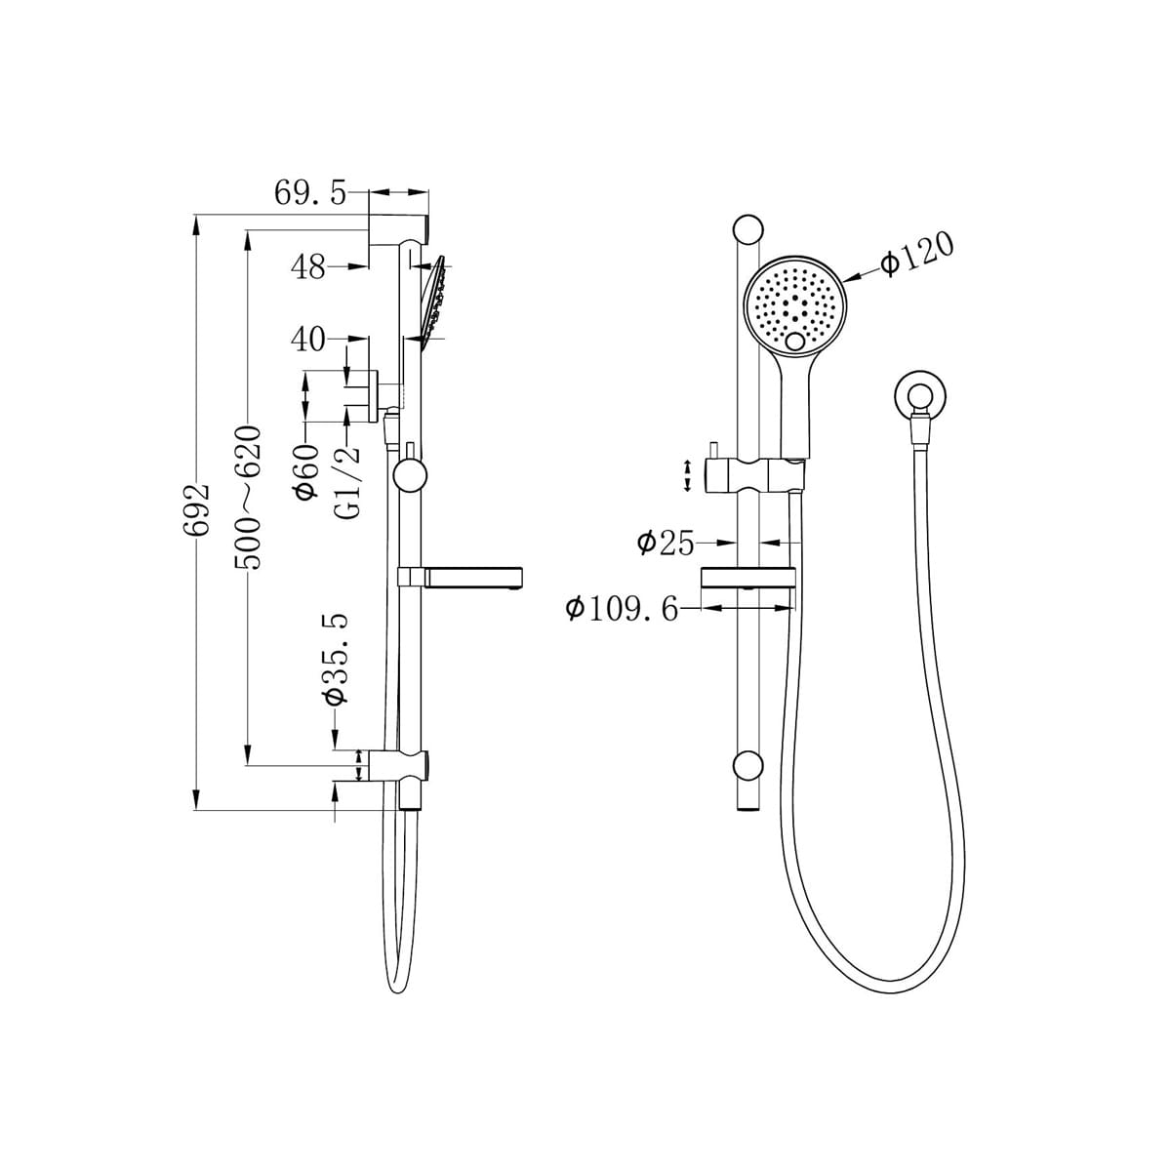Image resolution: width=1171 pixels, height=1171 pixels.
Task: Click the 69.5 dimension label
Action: coord(309,192)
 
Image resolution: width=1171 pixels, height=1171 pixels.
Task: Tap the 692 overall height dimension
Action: coord(200,507)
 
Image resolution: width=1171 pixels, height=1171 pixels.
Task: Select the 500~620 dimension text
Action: coord(250,498)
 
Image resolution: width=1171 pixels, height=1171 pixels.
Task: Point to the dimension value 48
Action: coord(309,266)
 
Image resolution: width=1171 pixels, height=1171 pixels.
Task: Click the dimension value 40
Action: coord(308,340)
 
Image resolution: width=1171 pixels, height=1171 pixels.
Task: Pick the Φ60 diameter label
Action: coord(306,470)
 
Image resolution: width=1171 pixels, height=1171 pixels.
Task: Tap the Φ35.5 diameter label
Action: coord(336,660)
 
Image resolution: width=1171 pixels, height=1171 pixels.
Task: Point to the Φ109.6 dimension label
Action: coord(622,609)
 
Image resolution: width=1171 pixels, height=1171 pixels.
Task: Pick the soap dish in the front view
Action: coord(747,578)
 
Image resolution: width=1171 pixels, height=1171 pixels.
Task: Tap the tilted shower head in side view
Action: coord(433,297)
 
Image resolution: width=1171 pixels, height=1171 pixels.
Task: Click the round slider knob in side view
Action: coord(410,477)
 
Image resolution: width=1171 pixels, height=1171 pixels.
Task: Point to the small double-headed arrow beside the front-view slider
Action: coord(690,475)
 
